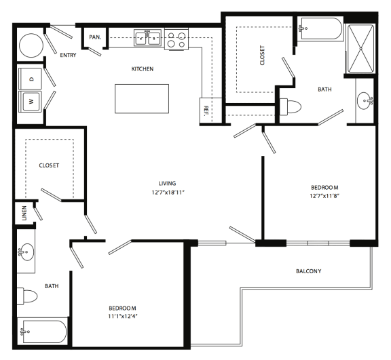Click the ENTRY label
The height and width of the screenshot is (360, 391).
(68, 55)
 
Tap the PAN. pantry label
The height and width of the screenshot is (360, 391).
(94, 37)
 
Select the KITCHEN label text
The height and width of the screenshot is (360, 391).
(143, 68)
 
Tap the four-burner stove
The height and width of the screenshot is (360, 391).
(176, 39)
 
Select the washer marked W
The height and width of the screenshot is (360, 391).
(29, 102)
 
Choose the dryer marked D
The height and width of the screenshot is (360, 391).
(29, 79)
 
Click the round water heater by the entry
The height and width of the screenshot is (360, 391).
(30, 46)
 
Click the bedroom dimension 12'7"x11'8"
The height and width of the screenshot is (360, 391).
(325, 196)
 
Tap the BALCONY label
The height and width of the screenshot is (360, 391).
(308, 271)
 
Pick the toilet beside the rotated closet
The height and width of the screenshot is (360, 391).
(294, 107)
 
